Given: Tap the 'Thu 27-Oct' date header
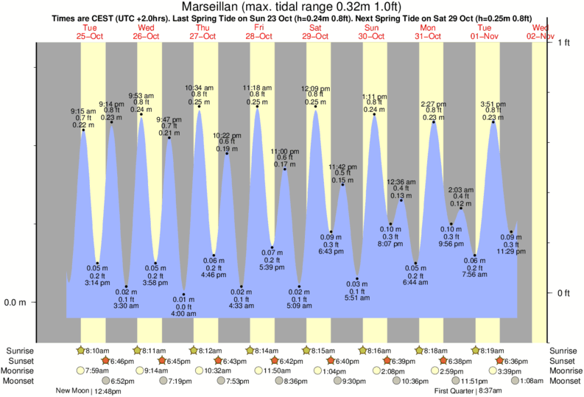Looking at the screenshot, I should (202, 32).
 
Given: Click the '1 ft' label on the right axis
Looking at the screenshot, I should (563, 43).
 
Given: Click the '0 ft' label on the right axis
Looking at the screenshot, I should (563, 293).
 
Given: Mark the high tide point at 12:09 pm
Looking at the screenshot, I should (315, 107).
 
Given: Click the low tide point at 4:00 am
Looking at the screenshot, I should (183, 295).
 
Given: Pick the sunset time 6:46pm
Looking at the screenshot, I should (122, 361).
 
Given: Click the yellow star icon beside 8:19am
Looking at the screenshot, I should (476, 351).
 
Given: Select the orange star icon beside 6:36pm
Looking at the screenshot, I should (501, 361).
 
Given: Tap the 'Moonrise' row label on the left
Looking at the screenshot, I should (21, 370).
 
